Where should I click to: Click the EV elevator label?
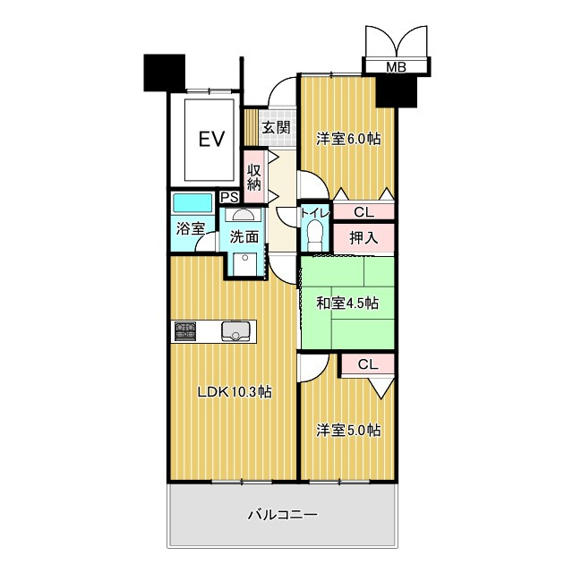[210, 139]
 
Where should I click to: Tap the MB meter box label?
[395, 67]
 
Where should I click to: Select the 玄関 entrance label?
[276, 127]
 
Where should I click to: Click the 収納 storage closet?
[254, 177]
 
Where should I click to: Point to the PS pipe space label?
[228, 198]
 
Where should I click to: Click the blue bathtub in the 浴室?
[192, 202]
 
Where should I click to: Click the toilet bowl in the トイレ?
[314, 235]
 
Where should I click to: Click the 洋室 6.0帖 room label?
[349, 139]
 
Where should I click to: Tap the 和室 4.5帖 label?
[346, 303]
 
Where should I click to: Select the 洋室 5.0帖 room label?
[349, 430]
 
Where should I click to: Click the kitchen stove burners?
[185, 331]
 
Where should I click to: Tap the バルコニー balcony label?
[283, 515]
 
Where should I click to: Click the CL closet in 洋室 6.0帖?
[363, 212]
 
